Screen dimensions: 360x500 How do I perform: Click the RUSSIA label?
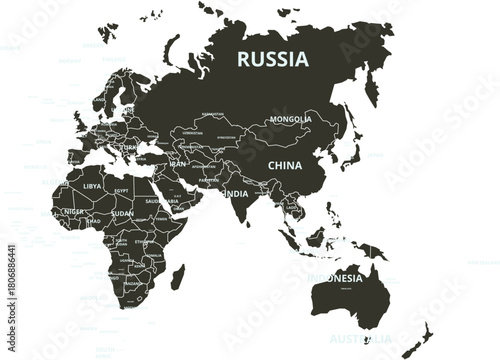pyautogui.click(x=272, y=58)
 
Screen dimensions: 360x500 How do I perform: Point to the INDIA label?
pyautogui.click(x=236, y=192)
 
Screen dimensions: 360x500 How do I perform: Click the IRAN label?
pyautogui.click(x=178, y=163)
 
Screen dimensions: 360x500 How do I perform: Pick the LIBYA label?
pyautogui.click(x=92, y=186)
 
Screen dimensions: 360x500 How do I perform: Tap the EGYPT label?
pyautogui.click(x=122, y=190)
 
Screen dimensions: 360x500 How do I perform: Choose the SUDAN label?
pyautogui.click(x=122, y=213)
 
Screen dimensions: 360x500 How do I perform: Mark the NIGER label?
pyautogui.click(x=73, y=212)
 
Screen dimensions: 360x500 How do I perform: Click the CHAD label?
pyautogui.click(x=94, y=221)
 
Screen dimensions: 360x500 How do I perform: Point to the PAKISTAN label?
pyautogui.click(x=207, y=181)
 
